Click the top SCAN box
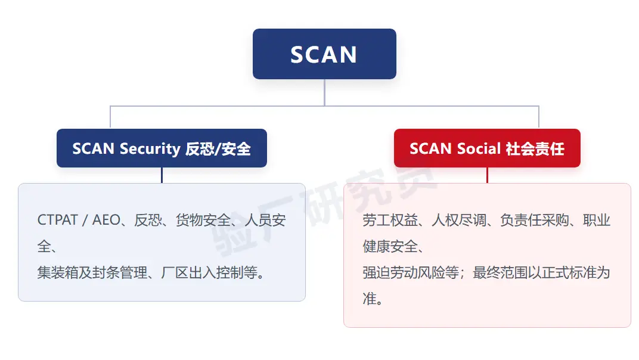[x=324, y=54]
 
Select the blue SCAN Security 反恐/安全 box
[x=162, y=148]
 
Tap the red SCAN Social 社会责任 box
[x=487, y=148]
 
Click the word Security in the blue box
[x=150, y=149]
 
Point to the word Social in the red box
[x=479, y=148]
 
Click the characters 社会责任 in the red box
[x=535, y=149]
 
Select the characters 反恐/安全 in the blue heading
[x=218, y=149]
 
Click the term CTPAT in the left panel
[x=57, y=220]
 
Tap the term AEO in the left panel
[x=106, y=220]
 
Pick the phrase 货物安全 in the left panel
[x=203, y=220]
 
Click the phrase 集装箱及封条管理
[x=92, y=272]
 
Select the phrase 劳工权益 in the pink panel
[x=390, y=220]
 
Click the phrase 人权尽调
[x=459, y=220]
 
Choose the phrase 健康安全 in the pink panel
[x=390, y=246]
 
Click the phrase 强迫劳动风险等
[x=411, y=272]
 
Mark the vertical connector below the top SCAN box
[x=324, y=92]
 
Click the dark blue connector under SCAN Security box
[x=162, y=175]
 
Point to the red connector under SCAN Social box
[x=487, y=175]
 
